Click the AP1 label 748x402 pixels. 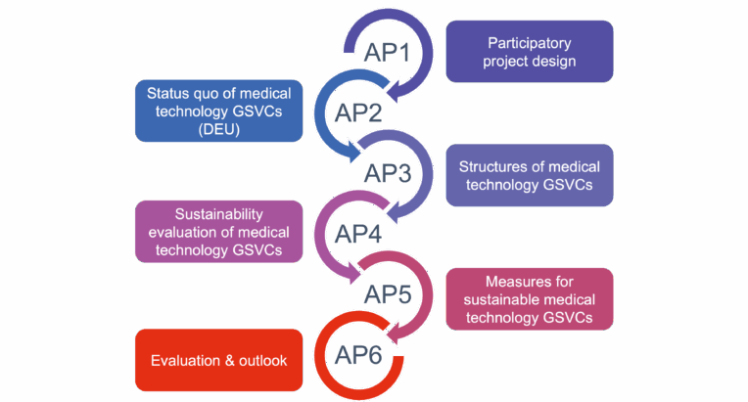click(387, 52)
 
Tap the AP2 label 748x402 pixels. click(358, 112)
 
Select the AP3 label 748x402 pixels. click(388, 173)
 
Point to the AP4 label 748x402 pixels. click(358, 234)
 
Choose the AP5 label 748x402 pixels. click(388, 294)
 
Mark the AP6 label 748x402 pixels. click(358, 355)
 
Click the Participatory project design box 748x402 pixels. click(530, 52)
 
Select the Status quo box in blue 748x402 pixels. click(219, 111)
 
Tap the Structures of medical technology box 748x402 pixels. click(530, 175)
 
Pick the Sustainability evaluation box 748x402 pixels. click(219, 232)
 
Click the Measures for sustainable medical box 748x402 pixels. click(530, 299)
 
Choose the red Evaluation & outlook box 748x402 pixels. click(219, 360)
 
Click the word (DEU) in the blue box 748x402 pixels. click(219, 129)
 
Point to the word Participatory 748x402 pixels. click(530, 43)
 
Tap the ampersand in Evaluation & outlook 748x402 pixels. click(230, 361)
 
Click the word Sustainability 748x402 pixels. click(219, 214)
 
